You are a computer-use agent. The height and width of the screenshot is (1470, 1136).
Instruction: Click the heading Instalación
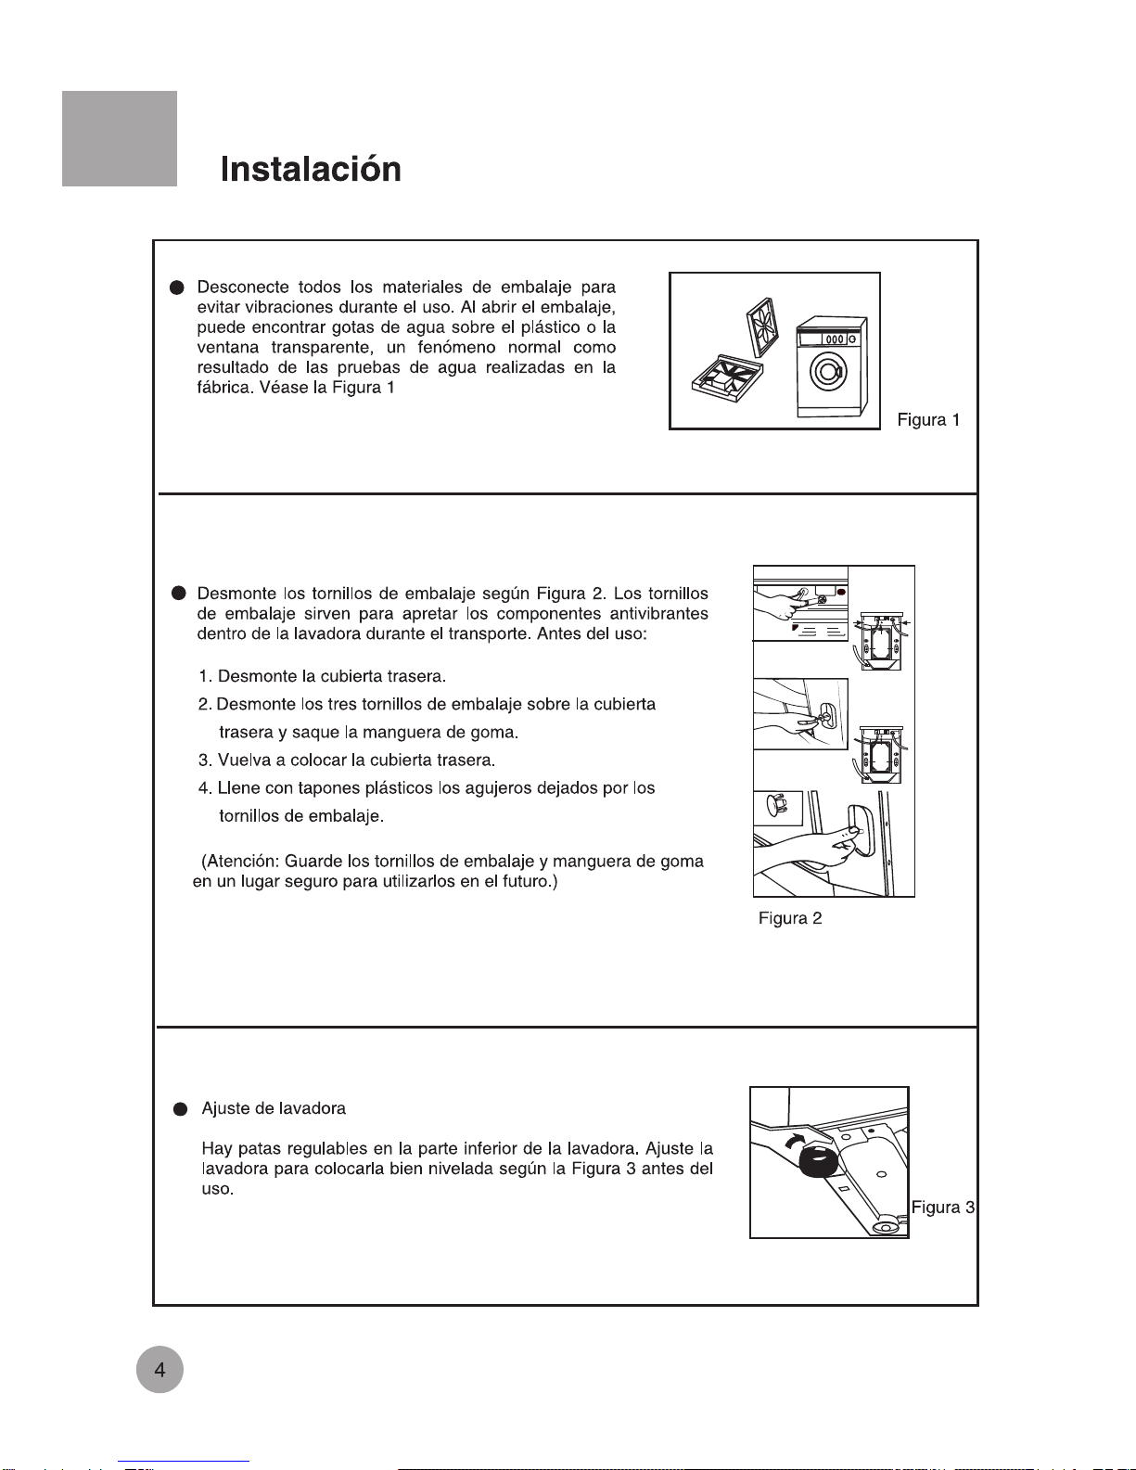tap(311, 170)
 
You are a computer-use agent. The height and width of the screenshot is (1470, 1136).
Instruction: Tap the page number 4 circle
tap(160, 1370)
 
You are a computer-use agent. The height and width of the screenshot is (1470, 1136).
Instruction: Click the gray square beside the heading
tap(120, 139)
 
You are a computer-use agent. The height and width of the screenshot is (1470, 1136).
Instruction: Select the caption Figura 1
tap(928, 420)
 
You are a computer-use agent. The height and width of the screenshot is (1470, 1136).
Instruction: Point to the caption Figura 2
tap(790, 918)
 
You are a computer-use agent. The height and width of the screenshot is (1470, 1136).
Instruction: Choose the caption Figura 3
tap(942, 1207)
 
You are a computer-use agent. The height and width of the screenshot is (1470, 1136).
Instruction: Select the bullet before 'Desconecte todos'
tap(178, 288)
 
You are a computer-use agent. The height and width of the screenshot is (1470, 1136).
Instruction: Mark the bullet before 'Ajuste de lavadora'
tap(181, 1109)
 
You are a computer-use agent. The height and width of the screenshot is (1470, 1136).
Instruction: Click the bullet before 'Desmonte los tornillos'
tap(179, 594)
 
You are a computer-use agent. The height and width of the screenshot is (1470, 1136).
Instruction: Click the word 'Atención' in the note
tap(243, 862)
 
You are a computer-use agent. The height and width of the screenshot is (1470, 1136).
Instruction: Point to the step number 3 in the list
tap(203, 761)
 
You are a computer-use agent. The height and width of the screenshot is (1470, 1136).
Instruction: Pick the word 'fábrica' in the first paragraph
tap(223, 388)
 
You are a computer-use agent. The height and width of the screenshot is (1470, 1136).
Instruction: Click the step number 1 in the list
tap(203, 677)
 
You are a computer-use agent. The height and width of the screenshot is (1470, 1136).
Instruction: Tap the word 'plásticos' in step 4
tap(401, 788)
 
